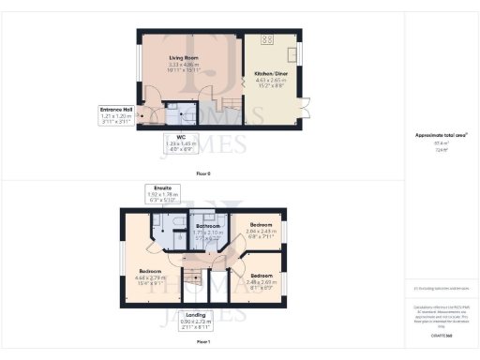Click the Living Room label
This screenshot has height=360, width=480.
point(184,57)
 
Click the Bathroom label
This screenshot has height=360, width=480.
point(207,227)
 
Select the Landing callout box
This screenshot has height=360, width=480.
point(195,321)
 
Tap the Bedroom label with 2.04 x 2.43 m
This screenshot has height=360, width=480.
point(262,227)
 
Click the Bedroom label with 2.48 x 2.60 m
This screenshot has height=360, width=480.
point(261,275)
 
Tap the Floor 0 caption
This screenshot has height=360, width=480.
point(203,174)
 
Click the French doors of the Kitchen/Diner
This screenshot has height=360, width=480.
point(303,112)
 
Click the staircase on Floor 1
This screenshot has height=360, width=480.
point(195,277)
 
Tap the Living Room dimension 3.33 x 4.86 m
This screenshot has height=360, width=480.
point(184,64)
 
